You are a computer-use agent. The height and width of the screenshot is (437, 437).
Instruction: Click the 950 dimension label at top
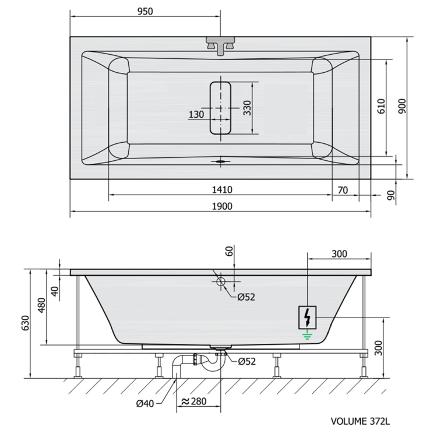(x=145, y=12)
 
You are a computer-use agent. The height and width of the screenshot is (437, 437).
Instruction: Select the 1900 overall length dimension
(x=222, y=206)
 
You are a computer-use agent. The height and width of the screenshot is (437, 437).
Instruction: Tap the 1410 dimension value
(x=222, y=190)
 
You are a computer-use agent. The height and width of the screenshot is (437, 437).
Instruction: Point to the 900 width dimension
(x=402, y=106)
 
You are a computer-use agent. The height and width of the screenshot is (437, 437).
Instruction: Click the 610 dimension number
(x=381, y=106)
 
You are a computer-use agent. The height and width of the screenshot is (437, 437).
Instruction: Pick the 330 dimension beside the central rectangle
(x=247, y=108)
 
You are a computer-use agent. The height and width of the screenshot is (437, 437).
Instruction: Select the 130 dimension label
(x=196, y=114)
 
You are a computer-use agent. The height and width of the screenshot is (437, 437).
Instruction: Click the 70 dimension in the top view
(x=343, y=190)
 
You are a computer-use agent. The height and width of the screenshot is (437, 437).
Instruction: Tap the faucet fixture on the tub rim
(x=220, y=45)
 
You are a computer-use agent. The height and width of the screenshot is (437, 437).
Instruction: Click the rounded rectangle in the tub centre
(x=220, y=108)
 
